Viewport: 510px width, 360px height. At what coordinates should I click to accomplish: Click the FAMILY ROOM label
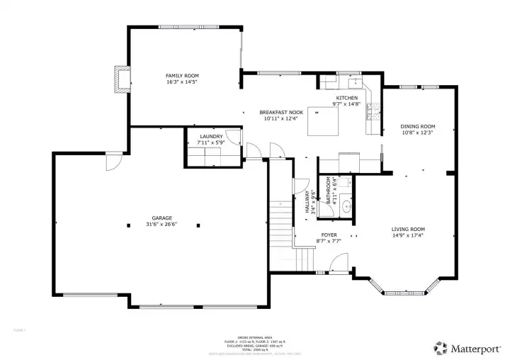(182, 75)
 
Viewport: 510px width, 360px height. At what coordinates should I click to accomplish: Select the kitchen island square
(328, 123)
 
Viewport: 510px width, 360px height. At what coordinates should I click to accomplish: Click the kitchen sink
(347, 79)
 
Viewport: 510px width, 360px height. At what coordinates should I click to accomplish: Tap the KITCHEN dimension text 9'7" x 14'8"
(346, 104)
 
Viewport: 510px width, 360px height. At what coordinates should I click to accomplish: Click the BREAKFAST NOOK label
(281, 113)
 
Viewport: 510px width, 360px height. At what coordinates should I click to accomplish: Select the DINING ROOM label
(418, 126)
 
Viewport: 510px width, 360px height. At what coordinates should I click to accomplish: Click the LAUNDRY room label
(211, 136)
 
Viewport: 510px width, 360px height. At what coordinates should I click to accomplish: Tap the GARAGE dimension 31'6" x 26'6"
(161, 225)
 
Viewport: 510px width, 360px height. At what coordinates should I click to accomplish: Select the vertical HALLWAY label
(307, 202)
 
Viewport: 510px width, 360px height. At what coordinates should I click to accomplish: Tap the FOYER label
(329, 235)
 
